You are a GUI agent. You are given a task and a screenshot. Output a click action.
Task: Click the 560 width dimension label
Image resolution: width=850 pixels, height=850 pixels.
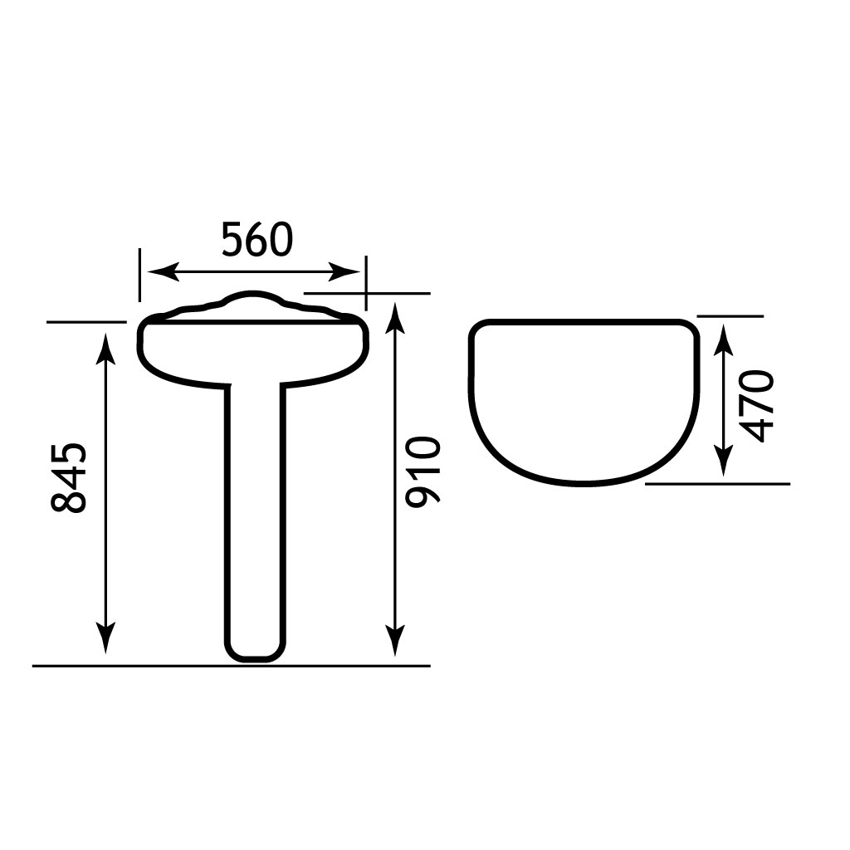coord(257,240)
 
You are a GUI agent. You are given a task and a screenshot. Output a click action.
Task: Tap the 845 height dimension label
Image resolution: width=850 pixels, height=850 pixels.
coord(68,477)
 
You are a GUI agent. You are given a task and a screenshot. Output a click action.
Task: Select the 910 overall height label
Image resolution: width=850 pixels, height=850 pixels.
coord(423,471)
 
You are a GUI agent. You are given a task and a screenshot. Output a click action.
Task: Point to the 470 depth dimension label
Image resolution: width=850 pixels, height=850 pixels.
coord(757,406)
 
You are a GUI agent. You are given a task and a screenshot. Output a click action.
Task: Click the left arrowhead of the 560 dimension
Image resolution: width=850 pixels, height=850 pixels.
coord(163,271)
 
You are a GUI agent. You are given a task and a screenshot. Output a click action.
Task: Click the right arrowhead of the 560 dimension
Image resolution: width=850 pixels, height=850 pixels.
coord(344,271)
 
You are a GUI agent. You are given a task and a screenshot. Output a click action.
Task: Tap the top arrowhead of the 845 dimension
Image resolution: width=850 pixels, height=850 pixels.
coord(106,349)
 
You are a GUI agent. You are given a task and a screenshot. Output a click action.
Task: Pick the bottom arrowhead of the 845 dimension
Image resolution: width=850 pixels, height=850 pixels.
coord(106,637)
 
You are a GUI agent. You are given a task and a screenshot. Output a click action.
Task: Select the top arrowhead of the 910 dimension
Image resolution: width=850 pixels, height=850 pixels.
coord(396,320)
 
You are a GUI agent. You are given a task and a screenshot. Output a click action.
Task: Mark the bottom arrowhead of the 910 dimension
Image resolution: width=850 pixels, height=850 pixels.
coord(396,639)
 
